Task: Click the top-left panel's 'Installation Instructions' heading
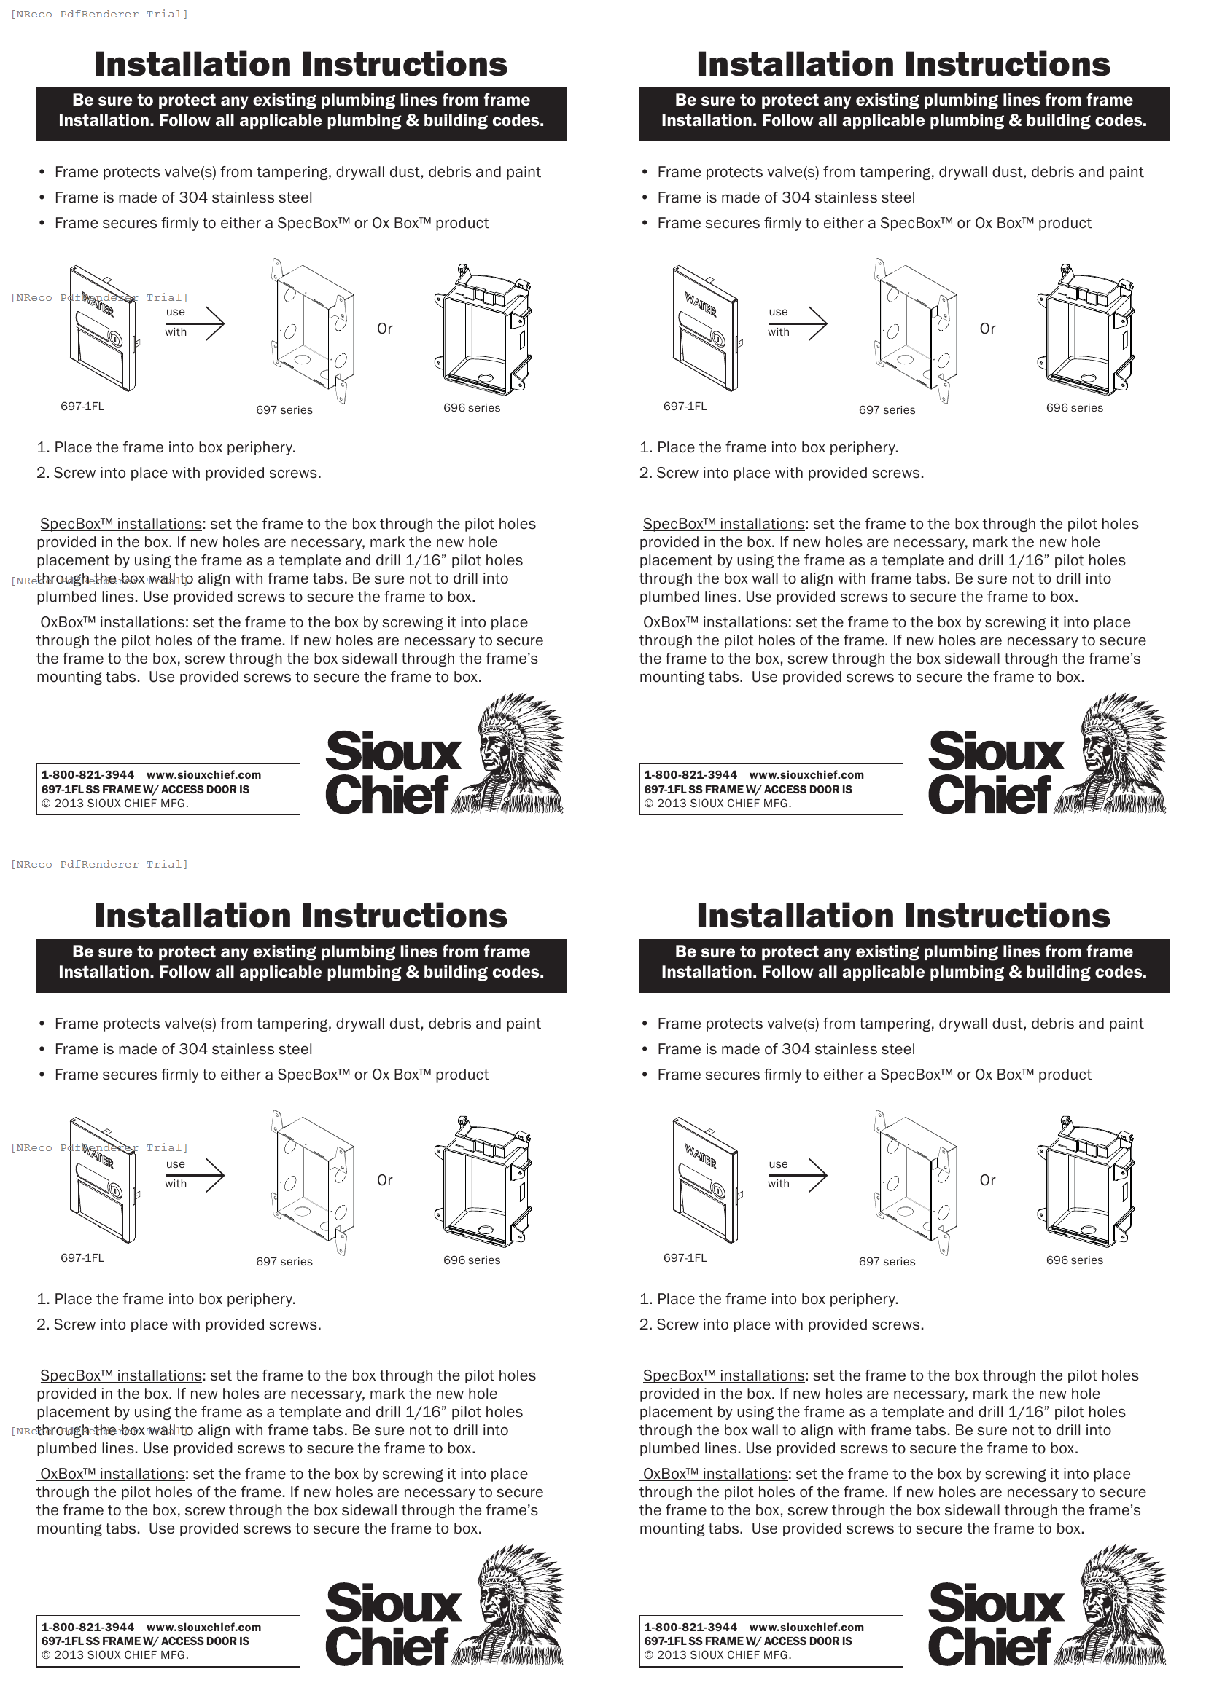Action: (300, 65)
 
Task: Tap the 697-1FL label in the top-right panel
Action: (685, 407)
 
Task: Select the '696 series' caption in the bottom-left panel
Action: (472, 1260)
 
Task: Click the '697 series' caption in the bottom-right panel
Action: (887, 1262)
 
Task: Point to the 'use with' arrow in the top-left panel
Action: (213, 323)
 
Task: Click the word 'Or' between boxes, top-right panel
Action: (987, 329)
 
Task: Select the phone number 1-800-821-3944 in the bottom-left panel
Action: (87, 1628)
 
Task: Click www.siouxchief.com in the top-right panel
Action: (806, 775)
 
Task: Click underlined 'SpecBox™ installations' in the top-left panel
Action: (121, 524)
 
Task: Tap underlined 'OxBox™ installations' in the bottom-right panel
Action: (715, 1474)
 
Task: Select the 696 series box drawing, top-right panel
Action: (1084, 330)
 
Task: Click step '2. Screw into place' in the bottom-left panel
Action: (178, 1324)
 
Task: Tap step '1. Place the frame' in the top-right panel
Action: (769, 447)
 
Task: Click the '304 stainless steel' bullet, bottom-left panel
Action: (183, 1049)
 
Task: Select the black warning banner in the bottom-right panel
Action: (903, 965)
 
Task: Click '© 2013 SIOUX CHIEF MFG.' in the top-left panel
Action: (115, 804)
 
